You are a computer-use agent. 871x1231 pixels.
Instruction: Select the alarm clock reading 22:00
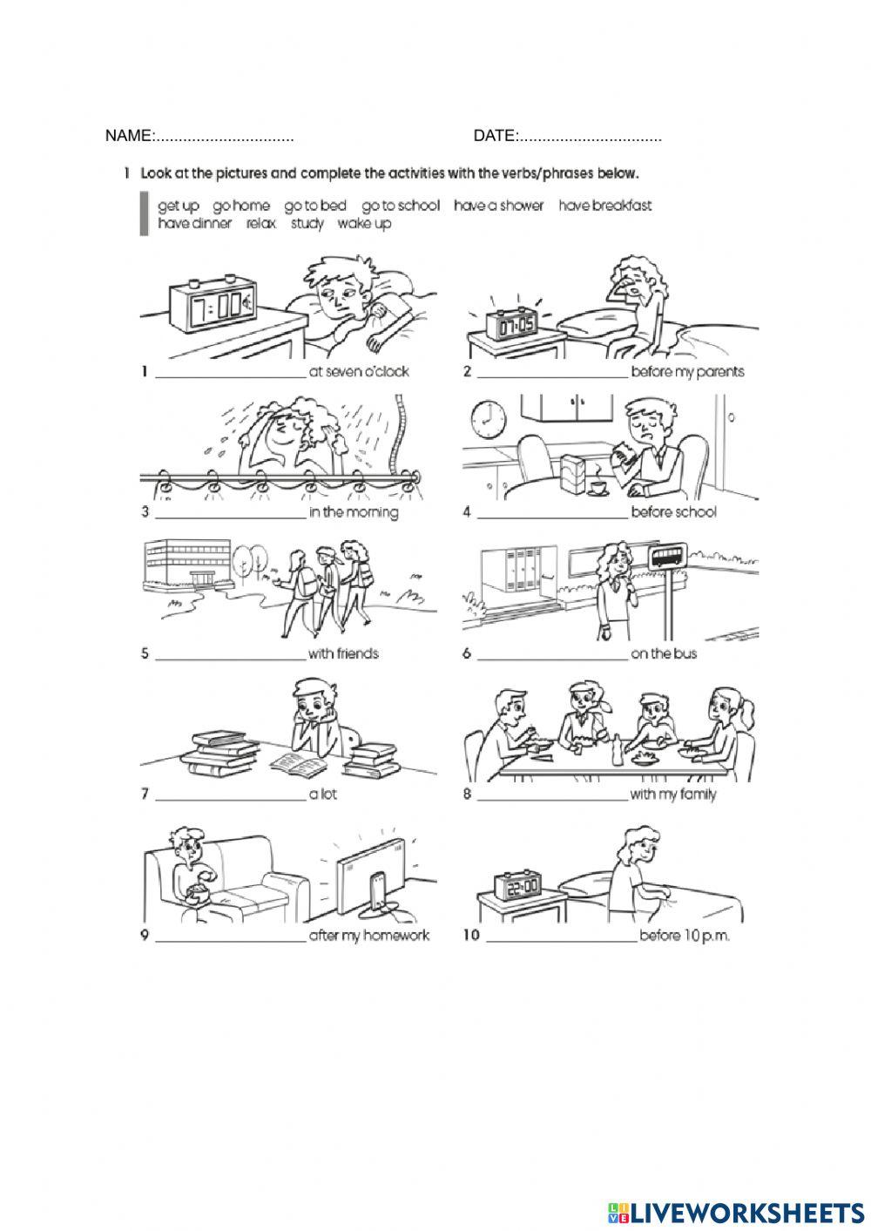517,885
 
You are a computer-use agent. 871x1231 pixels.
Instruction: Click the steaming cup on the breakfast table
597,486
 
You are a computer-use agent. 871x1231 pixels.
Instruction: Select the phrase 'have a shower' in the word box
498,206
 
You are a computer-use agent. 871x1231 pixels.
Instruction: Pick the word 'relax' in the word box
261,224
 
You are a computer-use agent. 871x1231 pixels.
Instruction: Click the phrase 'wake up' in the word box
364,224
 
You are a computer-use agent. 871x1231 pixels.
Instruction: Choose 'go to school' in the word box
401,206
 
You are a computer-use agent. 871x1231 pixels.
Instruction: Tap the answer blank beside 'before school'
552,517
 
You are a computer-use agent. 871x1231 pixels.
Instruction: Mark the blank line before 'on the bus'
552,659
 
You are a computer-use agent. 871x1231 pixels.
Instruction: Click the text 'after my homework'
369,936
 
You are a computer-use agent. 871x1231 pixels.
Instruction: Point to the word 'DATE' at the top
495,136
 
